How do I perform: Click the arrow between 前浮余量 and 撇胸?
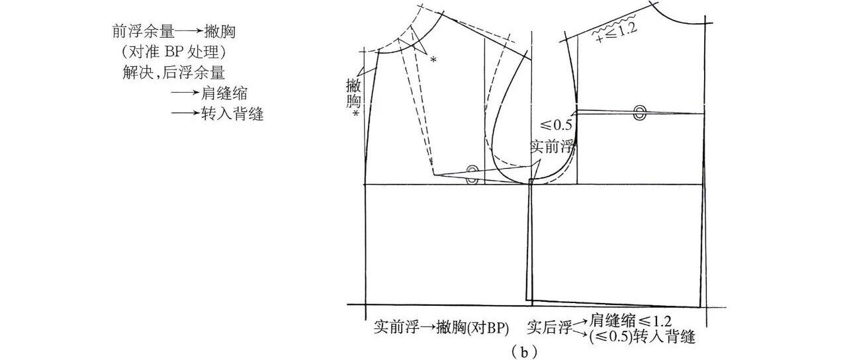(191, 31)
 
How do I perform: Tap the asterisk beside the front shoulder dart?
(433, 60)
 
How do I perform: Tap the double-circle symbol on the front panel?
(472, 173)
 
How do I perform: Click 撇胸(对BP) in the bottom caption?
(465, 327)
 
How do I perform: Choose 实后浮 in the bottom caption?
(547, 327)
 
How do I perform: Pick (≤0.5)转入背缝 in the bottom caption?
(640, 337)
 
